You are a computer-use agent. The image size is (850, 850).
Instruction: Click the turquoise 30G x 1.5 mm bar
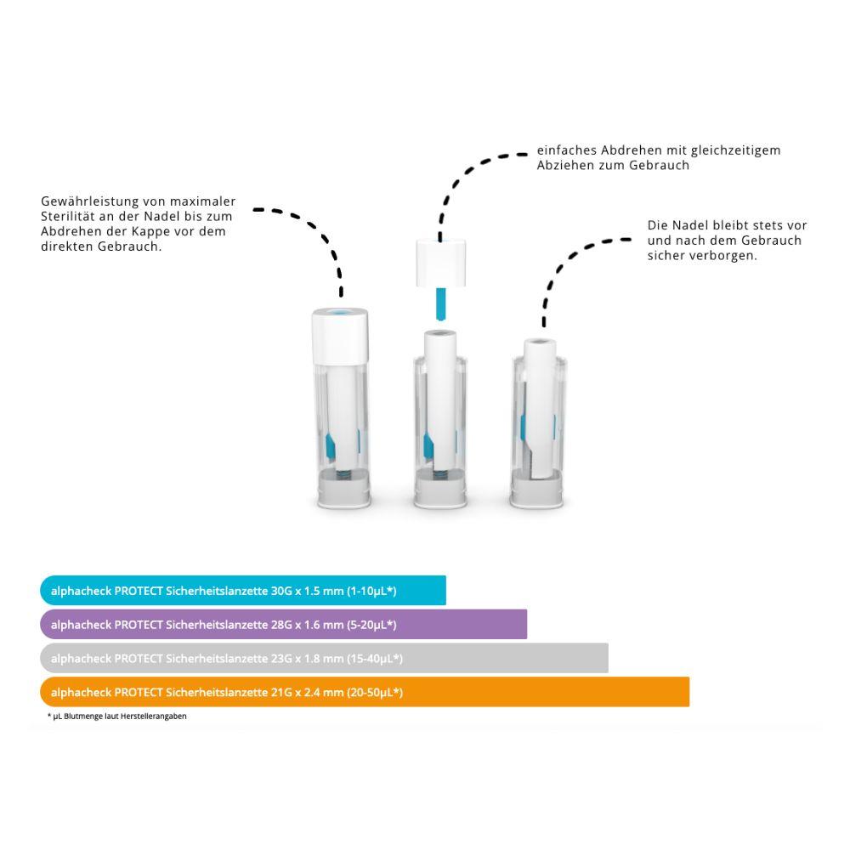point(242,591)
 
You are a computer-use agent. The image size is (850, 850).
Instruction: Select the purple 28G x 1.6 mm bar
point(283,625)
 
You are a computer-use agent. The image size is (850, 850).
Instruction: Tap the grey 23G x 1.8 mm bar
point(323,658)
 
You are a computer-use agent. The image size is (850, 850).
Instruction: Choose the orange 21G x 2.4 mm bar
point(364,692)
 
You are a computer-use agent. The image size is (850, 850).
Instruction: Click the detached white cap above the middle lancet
point(441,263)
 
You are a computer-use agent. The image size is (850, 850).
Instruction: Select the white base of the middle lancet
point(441,492)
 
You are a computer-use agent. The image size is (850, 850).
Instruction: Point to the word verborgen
point(728,256)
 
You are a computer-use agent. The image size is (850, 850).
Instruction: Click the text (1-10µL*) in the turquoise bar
point(372,591)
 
